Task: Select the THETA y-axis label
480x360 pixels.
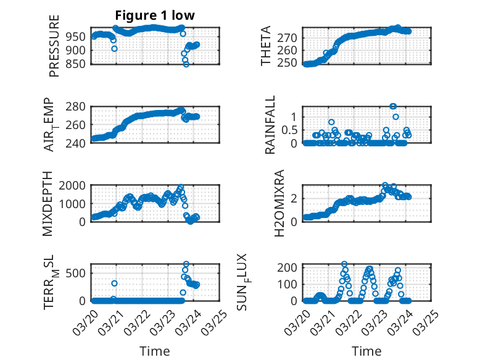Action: click(266, 46)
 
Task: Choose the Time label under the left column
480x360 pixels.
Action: click(154, 351)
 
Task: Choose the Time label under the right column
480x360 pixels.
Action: click(366, 351)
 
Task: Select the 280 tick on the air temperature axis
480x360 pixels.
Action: click(78, 107)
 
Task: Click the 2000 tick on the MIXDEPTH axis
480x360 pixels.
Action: click(75, 185)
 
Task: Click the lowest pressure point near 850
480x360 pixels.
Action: click(186, 64)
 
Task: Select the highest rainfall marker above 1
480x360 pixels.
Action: click(393, 106)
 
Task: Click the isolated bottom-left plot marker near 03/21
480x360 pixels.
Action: click(114, 283)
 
